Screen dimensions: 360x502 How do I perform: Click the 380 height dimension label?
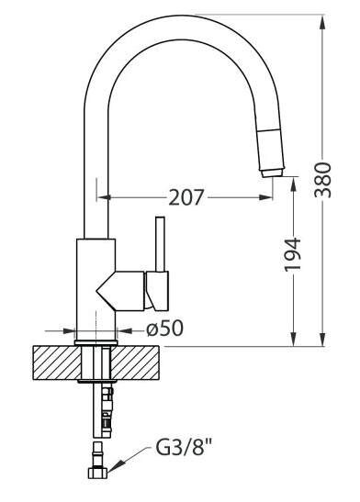[322, 180]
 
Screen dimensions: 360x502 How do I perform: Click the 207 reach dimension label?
[186, 197]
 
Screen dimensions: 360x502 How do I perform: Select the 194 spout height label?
[293, 254]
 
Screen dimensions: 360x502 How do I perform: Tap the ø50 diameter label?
[165, 329]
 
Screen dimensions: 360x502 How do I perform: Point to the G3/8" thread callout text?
[185, 447]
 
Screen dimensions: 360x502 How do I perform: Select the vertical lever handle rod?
[160, 244]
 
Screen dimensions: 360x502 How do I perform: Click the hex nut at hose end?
[97, 474]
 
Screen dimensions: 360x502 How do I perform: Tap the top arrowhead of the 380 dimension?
[322, 22]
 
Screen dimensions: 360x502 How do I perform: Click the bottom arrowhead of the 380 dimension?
[322, 339]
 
